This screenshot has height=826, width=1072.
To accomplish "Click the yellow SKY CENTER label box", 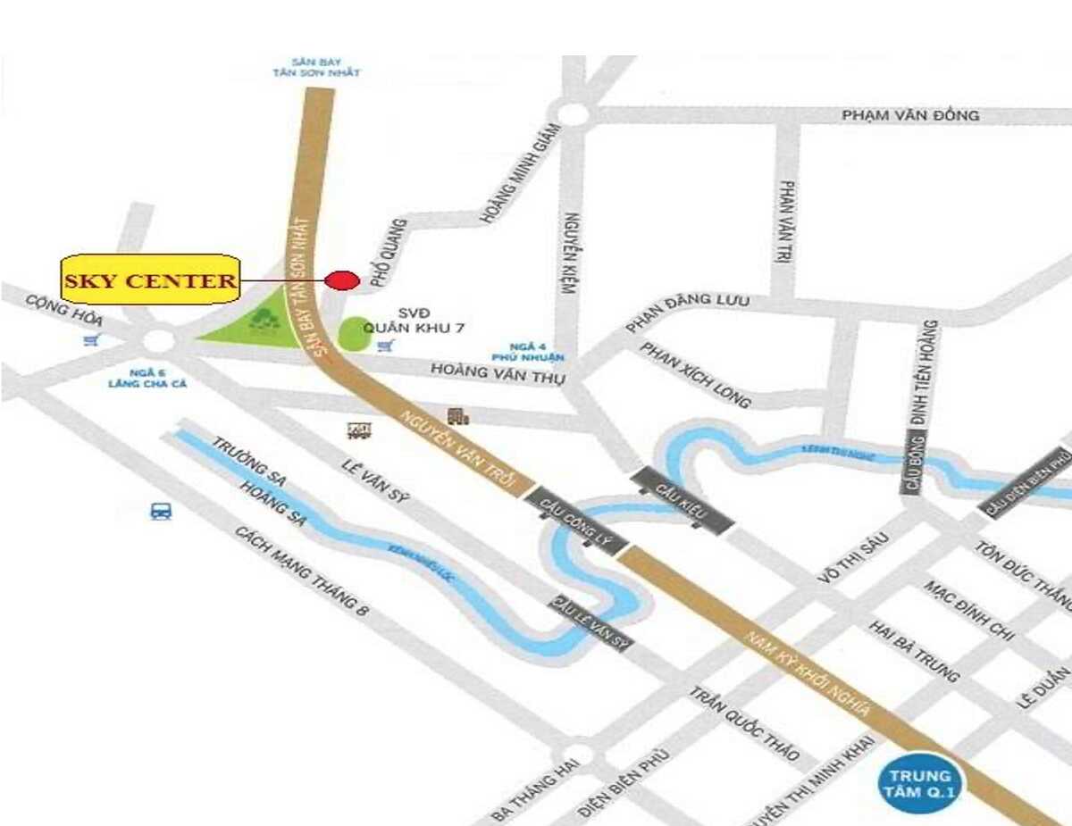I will [151, 280].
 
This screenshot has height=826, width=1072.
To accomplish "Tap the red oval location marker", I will [341, 280].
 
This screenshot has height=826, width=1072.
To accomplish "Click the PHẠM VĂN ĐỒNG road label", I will [910, 115].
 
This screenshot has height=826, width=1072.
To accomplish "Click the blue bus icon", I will [161, 512].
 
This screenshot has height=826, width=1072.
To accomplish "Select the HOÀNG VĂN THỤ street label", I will [498, 372].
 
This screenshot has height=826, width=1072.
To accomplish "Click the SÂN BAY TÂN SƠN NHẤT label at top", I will [316, 67].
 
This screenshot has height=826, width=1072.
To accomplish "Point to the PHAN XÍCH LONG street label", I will [696, 374].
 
